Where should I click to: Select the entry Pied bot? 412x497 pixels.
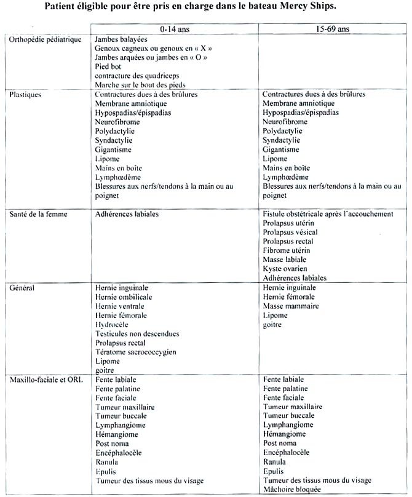108,66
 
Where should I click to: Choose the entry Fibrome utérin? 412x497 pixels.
287,250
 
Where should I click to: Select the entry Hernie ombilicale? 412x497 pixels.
123,297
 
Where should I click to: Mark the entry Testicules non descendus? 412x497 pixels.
137,334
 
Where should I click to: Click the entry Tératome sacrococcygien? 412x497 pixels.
135,352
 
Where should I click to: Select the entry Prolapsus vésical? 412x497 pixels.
290,232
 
